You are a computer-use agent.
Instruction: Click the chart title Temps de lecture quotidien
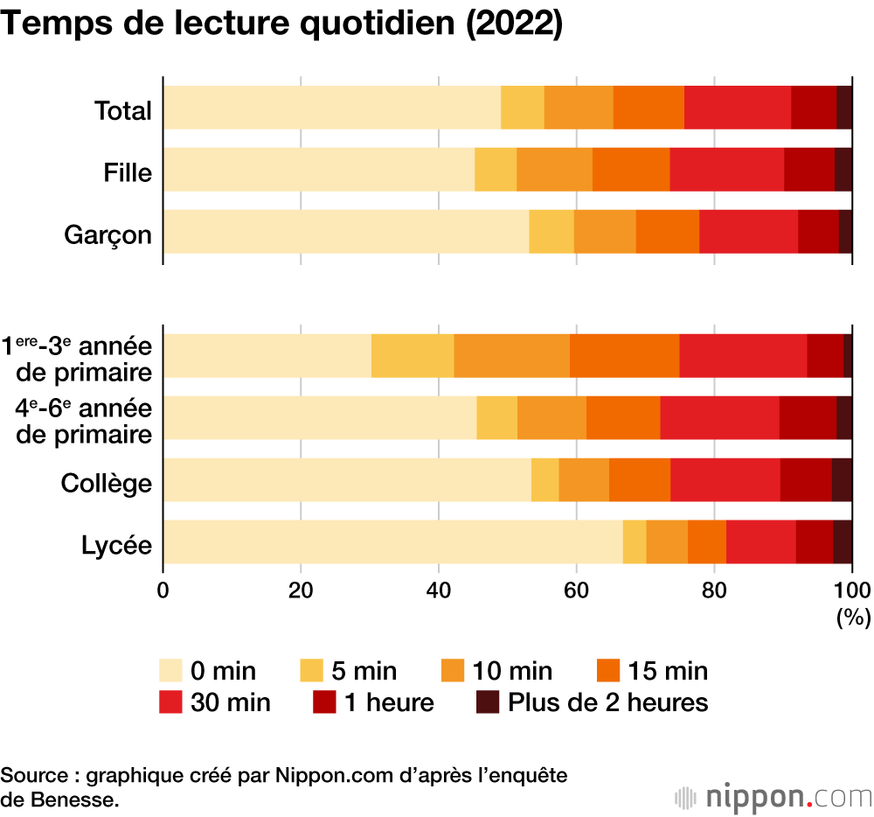pyautogui.click(x=281, y=24)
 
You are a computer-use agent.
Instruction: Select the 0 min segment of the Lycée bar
pyautogui.click(x=392, y=541)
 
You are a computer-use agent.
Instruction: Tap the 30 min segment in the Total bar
pyautogui.click(x=737, y=108)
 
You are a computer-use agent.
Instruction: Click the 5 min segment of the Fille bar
pyautogui.click(x=496, y=170)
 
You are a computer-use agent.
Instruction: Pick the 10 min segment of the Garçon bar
pyautogui.click(x=605, y=232)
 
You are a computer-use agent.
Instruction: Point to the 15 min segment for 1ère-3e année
pyautogui.click(x=624, y=356)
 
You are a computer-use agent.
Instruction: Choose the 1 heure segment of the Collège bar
pyautogui.click(x=805, y=479)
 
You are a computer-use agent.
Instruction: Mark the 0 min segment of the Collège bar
pyautogui.click(x=347, y=479)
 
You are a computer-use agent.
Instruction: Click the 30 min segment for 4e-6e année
pyautogui.click(x=719, y=418)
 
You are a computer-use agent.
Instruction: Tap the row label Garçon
pyautogui.click(x=108, y=235)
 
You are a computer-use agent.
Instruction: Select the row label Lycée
pyautogui.click(x=117, y=546)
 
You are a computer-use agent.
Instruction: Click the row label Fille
pyautogui.click(x=128, y=173)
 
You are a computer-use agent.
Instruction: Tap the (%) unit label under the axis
pyautogui.click(x=853, y=618)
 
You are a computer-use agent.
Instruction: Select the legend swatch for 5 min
pyautogui.click(x=314, y=671)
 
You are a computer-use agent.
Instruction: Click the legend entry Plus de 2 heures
pyautogui.click(x=608, y=702)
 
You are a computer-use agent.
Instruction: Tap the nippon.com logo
pyautogui.click(x=774, y=797)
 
